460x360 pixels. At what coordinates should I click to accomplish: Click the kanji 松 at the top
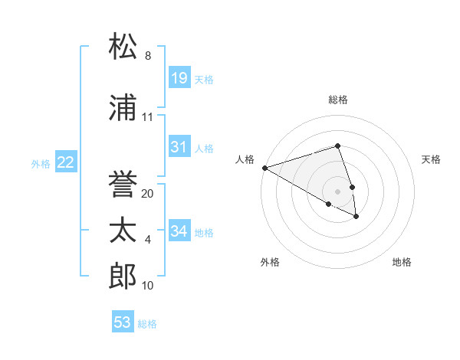pyautogui.click(x=123, y=47)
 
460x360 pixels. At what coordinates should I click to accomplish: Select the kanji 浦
pyautogui.click(x=123, y=108)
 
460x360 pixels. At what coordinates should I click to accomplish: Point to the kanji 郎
pyautogui.click(x=123, y=277)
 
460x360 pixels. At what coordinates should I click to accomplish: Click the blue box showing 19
pyautogui.click(x=179, y=77)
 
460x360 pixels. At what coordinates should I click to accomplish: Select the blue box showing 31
pyautogui.click(x=179, y=147)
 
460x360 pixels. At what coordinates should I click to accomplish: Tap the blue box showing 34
pyautogui.click(x=179, y=231)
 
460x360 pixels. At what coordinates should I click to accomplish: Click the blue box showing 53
pyautogui.click(x=123, y=322)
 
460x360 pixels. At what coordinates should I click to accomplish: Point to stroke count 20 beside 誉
pyautogui.click(x=148, y=194)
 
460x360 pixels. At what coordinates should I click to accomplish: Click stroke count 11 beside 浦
pyautogui.click(x=148, y=117)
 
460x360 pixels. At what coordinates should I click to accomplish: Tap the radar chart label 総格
pyautogui.click(x=337, y=100)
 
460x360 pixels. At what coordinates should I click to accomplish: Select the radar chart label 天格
pyautogui.click(x=432, y=159)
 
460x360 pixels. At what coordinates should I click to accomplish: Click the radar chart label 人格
pyautogui.click(x=245, y=159)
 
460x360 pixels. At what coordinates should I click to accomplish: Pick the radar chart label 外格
pyautogui.click(x=270, y=263)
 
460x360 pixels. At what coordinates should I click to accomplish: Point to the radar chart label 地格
pyautogui.click(x=402, y=263)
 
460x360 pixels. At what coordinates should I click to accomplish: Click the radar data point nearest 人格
pyautogui.click(x=264, y=167)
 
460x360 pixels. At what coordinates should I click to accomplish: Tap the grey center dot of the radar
pyautogui.click(x=337, y=191)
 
